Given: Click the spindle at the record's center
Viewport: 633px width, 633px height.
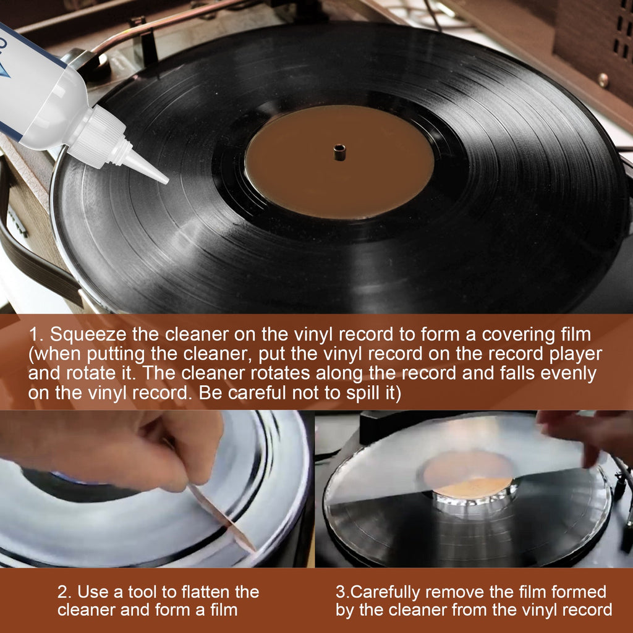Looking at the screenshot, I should point(339,152).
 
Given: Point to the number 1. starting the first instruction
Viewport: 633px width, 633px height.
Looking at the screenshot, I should point(36,334).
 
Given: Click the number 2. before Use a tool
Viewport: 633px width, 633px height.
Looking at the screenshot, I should point(65,592).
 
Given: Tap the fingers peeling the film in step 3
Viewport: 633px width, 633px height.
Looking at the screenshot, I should point(578,433).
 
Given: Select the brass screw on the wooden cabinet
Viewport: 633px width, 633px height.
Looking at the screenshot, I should point(603,80).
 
